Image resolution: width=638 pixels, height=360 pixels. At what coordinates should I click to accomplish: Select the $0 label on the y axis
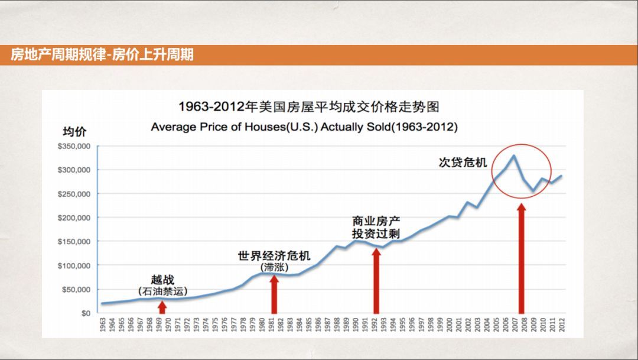pos(86,313)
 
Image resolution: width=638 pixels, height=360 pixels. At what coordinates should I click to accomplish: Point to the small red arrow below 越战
pos(162,306)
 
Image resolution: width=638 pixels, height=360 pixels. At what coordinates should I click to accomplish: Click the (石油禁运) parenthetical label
pos(162,291)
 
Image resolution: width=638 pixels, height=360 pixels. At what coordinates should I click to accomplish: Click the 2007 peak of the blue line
pos(513,155)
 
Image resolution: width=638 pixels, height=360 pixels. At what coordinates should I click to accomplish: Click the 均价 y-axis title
pos(74,131)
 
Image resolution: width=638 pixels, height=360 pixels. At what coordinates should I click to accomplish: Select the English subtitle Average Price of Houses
pos(304,127)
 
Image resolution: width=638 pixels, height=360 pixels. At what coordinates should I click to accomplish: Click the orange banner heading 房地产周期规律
pos(102,55)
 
